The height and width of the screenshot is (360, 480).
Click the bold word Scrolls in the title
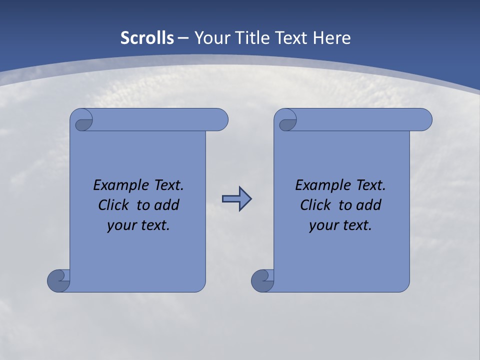click(x=147, y=38)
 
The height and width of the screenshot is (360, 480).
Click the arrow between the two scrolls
click(x=236, y=199)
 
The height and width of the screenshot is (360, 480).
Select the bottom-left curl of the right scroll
click(x=263, y=280)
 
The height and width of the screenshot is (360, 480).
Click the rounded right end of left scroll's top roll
click(x=220, y=119)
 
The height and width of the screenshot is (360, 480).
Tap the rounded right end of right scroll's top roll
click(x=424, y=119)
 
